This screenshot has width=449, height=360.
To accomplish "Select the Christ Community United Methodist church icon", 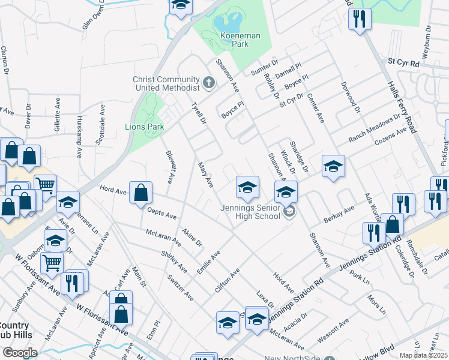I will pyautogui.click(x=208, y=82).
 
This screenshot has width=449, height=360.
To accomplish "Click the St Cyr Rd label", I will pyautogui.click(x=402, y=61).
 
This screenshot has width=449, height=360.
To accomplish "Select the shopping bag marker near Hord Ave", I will pyautogui.click(x=140, y=194).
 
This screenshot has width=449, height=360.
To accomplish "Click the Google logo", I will pyautogui.click(x=19, y=353).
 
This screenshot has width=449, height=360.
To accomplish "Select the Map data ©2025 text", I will pyautogui.click(x=423, y=355).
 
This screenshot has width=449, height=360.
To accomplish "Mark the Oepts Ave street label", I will pyautogui.click(x=163, y=214).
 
